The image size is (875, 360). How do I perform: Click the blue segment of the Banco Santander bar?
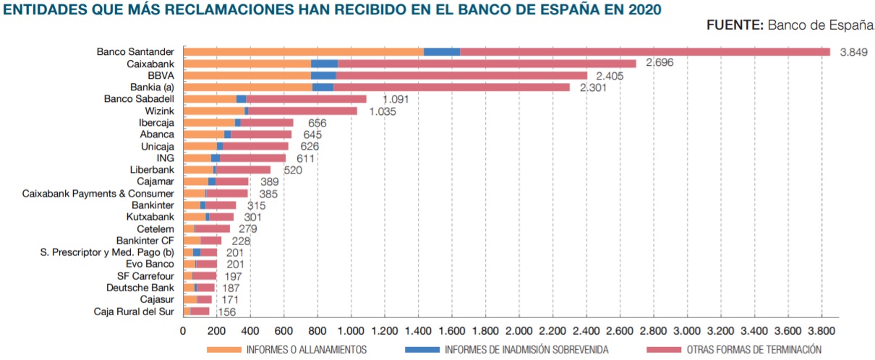(x=441, y=51)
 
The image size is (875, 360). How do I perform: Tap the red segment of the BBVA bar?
(x=461, y=75)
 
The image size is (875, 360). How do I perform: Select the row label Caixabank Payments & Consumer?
(x=98, y=193)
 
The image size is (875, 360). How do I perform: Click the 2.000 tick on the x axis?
(x=518, y=330)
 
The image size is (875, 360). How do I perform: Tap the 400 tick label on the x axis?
(x=250, y=330)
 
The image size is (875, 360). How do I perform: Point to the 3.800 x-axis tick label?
(x=821, y=330)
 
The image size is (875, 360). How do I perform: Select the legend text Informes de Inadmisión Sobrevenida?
(x=526, y=350)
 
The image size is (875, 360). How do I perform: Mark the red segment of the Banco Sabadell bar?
(x=306, y=99)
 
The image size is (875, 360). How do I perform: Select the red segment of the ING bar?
(x=252, y=158)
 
